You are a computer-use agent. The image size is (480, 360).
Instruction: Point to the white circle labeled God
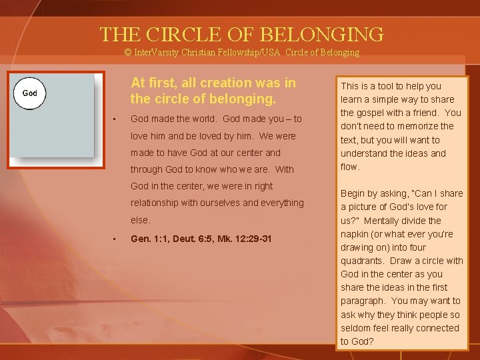[30, 93]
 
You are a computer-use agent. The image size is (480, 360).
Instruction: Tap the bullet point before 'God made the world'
[115, 119]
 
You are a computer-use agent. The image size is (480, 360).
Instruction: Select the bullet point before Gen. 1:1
[115, 239]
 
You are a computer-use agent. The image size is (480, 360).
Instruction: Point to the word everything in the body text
[279, 203]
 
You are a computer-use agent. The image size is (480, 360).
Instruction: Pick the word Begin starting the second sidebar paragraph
[353, 193]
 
